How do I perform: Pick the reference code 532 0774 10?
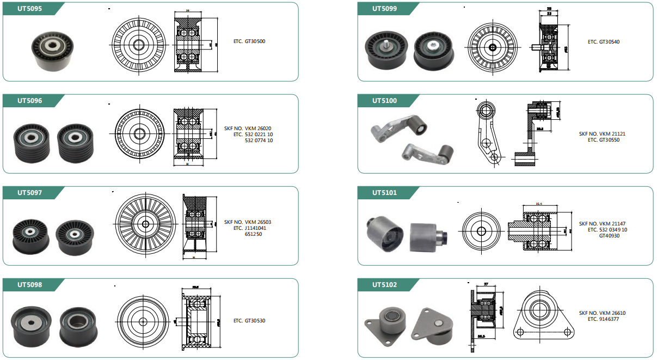tap(259, 141)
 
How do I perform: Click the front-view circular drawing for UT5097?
tap(145, 224)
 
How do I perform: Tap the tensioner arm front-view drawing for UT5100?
tap(488, 133)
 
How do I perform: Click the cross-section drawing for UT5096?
tap(188, 134)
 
